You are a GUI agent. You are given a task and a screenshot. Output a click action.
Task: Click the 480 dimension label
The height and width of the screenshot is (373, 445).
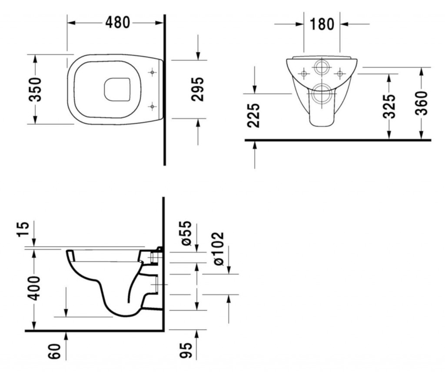(118, 22)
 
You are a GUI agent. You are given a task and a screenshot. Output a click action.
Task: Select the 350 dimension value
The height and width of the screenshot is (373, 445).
(35, 89)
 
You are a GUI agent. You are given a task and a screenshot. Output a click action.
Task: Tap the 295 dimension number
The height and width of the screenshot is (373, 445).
(198, 89)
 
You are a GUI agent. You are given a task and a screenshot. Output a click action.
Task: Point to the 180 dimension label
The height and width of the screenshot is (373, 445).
(322, 24)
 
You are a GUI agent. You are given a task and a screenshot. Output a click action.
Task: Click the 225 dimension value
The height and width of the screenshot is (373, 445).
(254, 115)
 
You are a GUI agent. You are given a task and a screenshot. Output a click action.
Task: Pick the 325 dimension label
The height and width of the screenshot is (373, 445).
(390, 106)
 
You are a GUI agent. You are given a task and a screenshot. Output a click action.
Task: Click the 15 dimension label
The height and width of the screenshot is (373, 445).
(24, 228)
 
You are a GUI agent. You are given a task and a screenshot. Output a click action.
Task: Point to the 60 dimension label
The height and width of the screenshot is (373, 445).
(54, 351)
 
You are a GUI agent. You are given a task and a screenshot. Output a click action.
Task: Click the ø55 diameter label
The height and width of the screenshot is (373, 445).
(186, 233)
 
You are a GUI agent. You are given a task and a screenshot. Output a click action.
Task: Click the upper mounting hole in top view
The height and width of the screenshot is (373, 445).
(152, 73)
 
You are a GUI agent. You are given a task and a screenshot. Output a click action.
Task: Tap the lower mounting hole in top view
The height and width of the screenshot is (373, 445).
(152, 106)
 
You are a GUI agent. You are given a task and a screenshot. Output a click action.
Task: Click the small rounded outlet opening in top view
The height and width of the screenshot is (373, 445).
(118, 89)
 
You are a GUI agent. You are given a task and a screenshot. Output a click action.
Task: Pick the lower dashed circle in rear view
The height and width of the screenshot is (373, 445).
(322, 93)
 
